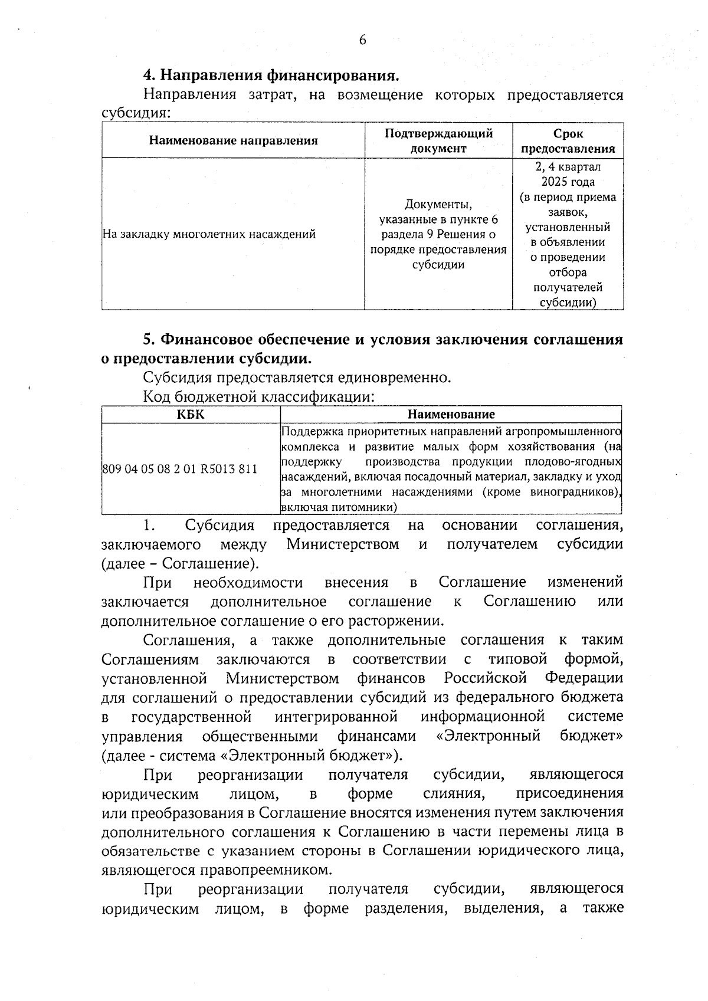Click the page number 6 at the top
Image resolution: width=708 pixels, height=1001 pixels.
362,40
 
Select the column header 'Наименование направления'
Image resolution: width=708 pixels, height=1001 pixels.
233,140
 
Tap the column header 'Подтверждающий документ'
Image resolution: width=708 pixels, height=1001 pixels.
438,140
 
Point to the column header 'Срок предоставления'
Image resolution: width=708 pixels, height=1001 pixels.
568,140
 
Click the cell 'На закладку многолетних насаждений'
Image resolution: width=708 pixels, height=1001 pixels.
209,234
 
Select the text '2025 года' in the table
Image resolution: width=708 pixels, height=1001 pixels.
568,182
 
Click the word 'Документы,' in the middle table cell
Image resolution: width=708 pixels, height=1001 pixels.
438,205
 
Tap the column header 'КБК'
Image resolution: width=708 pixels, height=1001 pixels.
191,415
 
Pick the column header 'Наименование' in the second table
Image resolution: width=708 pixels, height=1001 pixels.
451,415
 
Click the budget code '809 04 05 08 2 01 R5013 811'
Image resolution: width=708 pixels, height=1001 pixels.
180,470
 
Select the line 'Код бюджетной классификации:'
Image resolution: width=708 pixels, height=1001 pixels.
258,396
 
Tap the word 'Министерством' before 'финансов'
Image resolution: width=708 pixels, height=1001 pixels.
282,678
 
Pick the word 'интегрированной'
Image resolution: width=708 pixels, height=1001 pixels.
336,717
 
